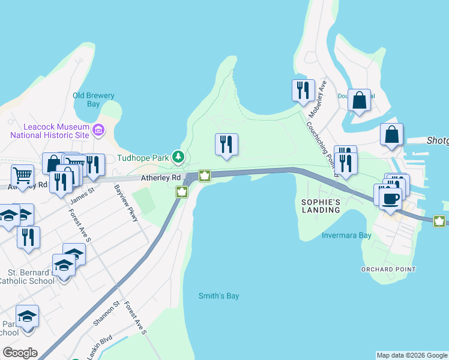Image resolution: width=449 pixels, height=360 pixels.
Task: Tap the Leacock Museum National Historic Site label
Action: coord(48,131)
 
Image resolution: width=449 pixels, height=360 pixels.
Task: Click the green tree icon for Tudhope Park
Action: coord(178,157)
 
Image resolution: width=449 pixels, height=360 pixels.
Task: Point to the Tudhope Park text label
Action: coord(143,157)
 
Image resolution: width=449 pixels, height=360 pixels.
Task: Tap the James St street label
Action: coord(83,193)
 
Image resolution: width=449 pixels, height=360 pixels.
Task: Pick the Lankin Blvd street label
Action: coord(98,347)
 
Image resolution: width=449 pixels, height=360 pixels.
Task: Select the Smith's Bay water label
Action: coord(219,296)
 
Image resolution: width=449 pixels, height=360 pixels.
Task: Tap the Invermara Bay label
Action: coord(346,235)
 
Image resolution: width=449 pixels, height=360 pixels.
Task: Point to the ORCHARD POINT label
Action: coord(388,269)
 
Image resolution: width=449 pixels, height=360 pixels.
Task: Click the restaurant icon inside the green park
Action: coord(226,144)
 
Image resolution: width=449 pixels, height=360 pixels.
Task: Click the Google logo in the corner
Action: coord(20,353)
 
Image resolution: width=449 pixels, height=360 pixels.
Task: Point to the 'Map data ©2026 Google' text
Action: coord(412,355)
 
